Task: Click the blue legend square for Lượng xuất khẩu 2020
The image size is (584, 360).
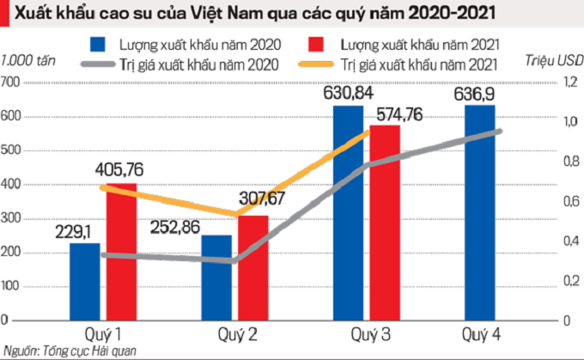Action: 98,44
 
